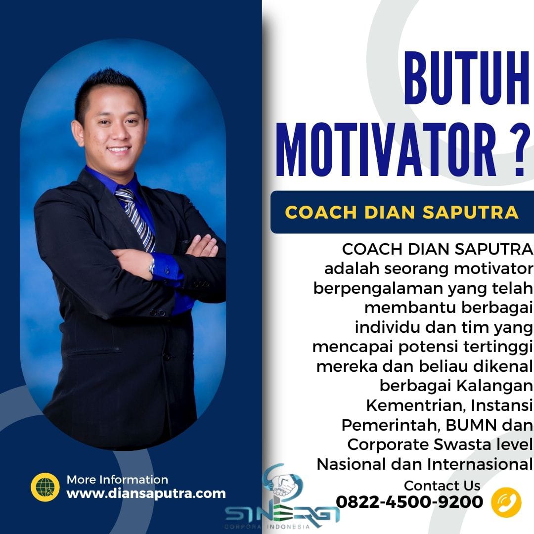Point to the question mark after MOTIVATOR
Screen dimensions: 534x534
coord(521,149)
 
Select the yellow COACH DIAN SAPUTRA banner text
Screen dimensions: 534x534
coord(402,212)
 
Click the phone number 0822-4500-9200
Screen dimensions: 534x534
coord(409,502)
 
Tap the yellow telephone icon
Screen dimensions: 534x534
coord(506,502)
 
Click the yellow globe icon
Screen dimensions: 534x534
coord(45,487)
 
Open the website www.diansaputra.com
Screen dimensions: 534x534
coord(146,493)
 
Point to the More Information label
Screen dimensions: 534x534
coord(118,480)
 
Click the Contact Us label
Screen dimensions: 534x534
coord(442,486)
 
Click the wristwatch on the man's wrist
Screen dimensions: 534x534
coord(152,266)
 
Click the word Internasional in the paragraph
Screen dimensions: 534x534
coord(480,464)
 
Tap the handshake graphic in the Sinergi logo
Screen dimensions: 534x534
coord(282,483)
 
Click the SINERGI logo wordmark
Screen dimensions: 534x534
coord(282,514)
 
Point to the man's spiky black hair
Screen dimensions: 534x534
coord(110,89)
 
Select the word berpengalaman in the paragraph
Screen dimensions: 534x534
coord(378,288)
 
